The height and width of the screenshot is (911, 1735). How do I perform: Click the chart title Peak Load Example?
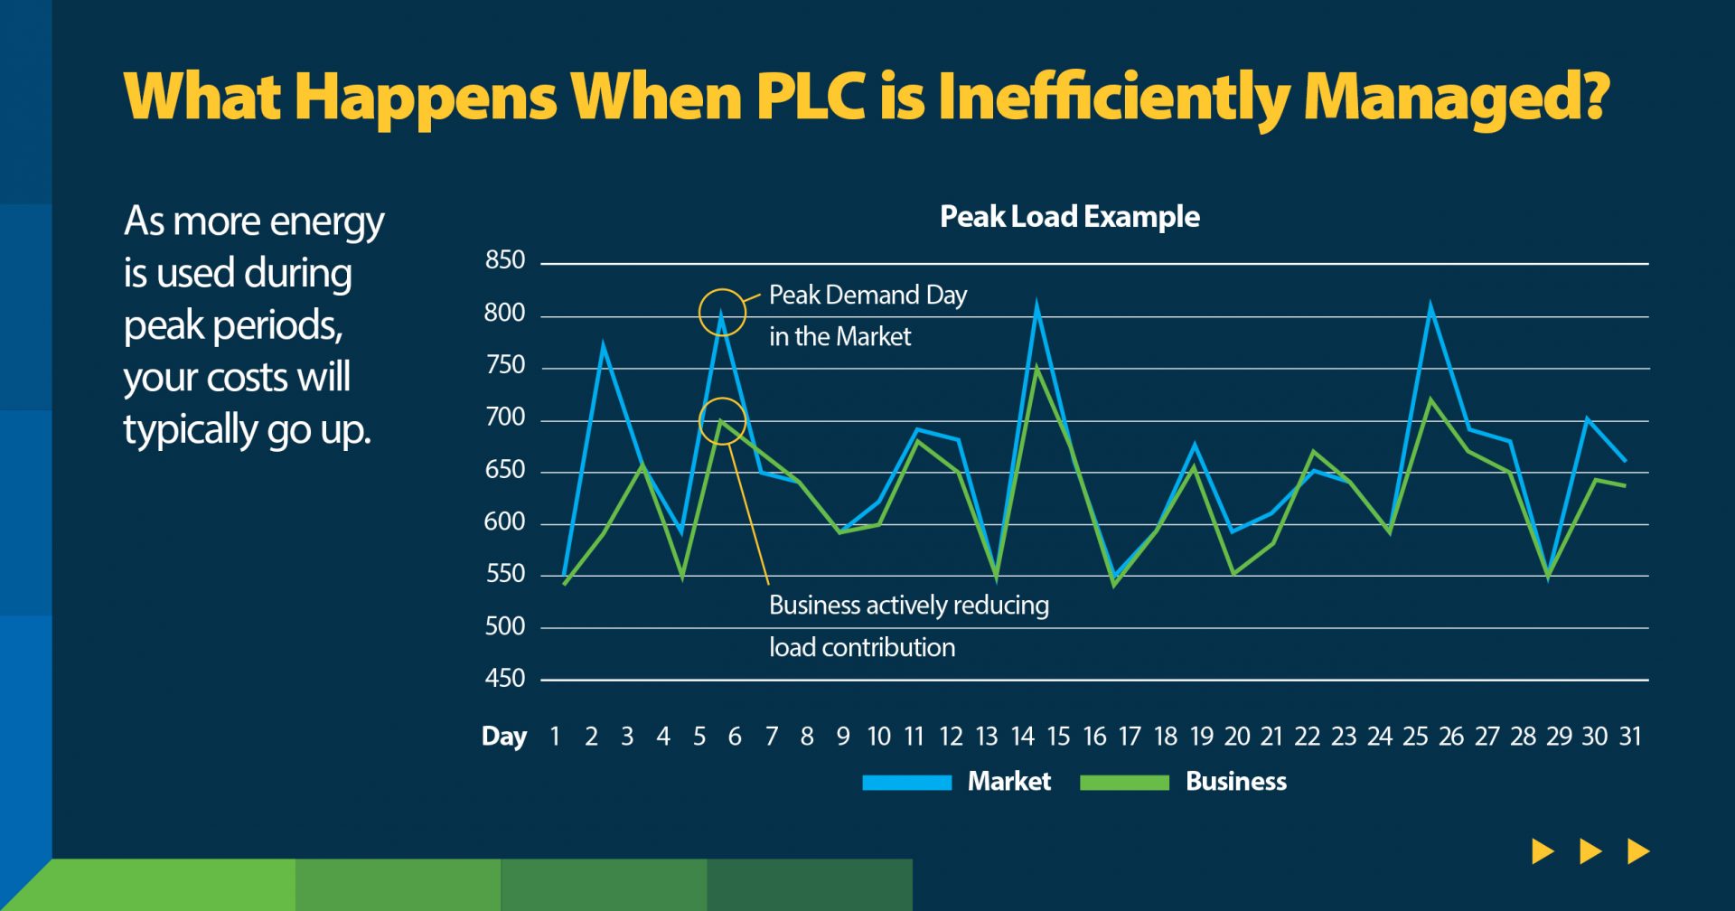[x=1069, y=217]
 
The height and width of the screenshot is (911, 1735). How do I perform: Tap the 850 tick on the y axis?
[x=504, y=260]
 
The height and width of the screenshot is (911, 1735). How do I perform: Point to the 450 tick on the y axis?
[x=504, y=679]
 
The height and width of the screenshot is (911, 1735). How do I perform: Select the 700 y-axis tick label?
[x=504, y=418]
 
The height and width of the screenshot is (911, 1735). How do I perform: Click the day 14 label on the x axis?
[x=1022, y=737]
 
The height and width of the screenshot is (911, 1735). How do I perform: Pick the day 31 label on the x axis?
[x=1629, y=737]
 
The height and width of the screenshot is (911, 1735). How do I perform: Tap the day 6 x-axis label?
[x=735, y=737]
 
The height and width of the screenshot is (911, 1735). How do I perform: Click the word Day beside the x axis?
[x=504, y=737]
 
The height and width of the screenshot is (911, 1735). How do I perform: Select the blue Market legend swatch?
[x=906, y=783]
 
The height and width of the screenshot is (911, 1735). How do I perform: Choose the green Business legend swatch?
[x=1124, y=783]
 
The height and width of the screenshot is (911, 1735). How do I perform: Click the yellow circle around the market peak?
[x=722, y=313]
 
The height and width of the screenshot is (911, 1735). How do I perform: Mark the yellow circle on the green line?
[x=722, y=420]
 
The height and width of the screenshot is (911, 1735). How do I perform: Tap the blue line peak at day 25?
[x=1430, y=308]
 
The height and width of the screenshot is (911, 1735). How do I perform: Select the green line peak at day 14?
[x=1037, y=366]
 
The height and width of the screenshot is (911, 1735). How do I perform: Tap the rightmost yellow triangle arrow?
[x=1637, y=851]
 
